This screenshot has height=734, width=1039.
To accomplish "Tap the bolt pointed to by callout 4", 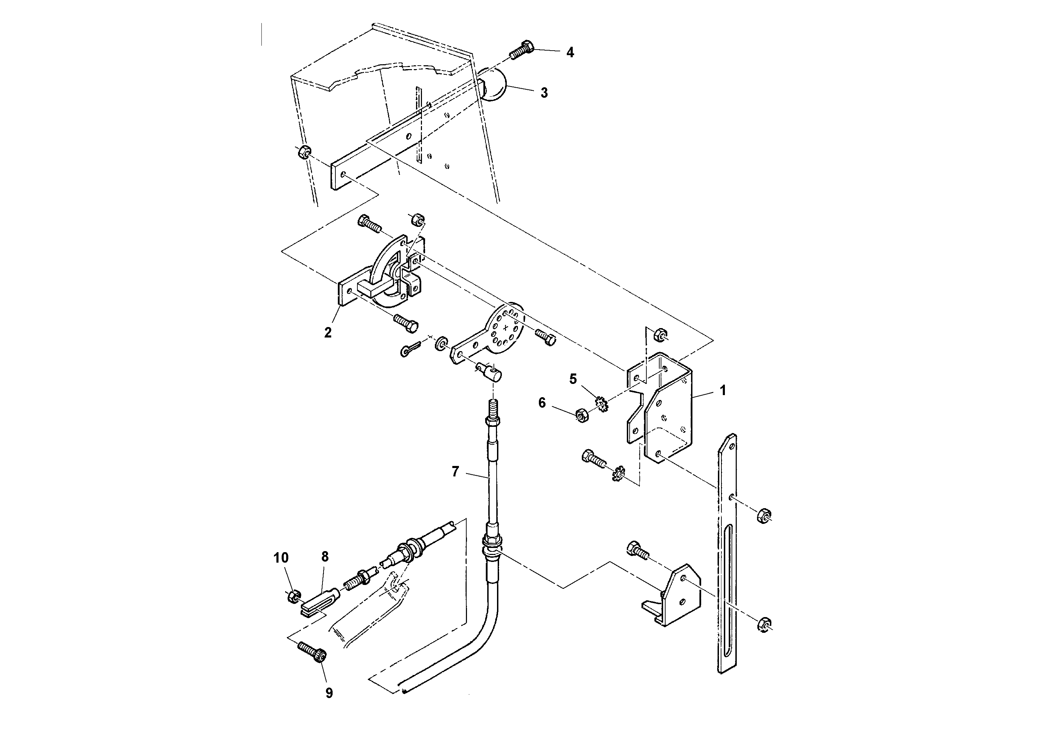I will [x=522, y=51].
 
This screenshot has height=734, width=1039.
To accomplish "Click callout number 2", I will [x=328, y=333].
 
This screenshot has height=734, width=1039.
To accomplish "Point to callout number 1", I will [x=723, y=390].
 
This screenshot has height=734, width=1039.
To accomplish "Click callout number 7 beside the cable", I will [x=455, y=472].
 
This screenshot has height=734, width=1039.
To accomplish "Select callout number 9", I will [x=329, y=693].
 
